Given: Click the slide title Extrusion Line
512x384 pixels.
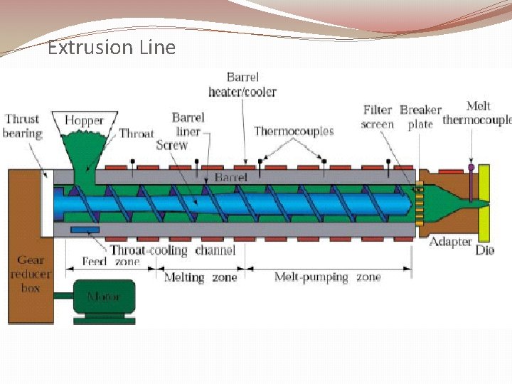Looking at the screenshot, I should [111, 48].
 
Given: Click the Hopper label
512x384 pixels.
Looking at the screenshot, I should [84, 121].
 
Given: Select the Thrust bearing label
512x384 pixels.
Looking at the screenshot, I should [22, 126].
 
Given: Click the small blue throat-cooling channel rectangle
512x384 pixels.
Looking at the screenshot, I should [85, 230].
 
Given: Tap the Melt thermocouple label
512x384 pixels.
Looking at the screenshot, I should [477, 113].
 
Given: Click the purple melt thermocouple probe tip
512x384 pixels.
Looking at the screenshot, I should [471, 169].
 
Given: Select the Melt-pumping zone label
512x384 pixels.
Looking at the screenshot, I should [328, 277].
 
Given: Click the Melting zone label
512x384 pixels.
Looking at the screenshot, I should [201, 277].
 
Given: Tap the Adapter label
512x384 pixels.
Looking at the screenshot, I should [450, 242].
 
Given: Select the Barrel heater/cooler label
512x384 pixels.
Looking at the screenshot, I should [242, 84].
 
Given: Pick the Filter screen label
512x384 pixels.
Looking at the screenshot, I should [378, 117].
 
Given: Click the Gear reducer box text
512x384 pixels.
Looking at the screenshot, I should [30, 274].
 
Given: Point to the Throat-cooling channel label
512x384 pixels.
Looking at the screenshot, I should [172, 250].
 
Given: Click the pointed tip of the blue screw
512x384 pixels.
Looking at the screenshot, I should [413, 204].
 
